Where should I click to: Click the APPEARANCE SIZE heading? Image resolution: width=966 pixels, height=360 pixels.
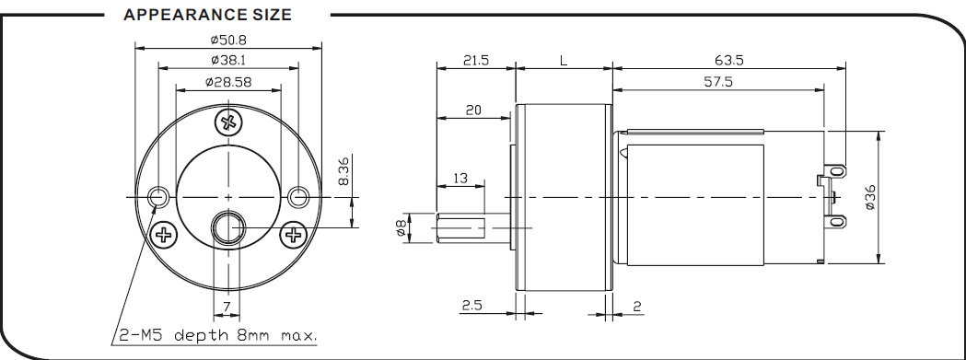tap(207, 15)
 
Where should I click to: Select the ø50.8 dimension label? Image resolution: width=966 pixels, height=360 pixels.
tap(228, 41)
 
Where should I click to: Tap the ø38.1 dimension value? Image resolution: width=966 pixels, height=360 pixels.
tap(228, 60)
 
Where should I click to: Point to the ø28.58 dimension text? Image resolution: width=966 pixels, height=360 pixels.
tap(228, 81)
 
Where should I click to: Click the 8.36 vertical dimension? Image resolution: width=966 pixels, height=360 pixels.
tap(344, 170)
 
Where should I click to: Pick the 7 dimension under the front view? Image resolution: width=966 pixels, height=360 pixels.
tap(227, 307)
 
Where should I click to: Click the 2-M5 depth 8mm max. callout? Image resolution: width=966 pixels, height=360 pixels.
tap(218, 336)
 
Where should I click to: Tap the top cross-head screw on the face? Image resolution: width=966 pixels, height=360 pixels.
tap(228, 122)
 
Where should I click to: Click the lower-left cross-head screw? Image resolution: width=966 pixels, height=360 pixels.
tap(163, 234)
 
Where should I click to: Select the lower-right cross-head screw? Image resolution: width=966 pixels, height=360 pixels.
tap(293, 234)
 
